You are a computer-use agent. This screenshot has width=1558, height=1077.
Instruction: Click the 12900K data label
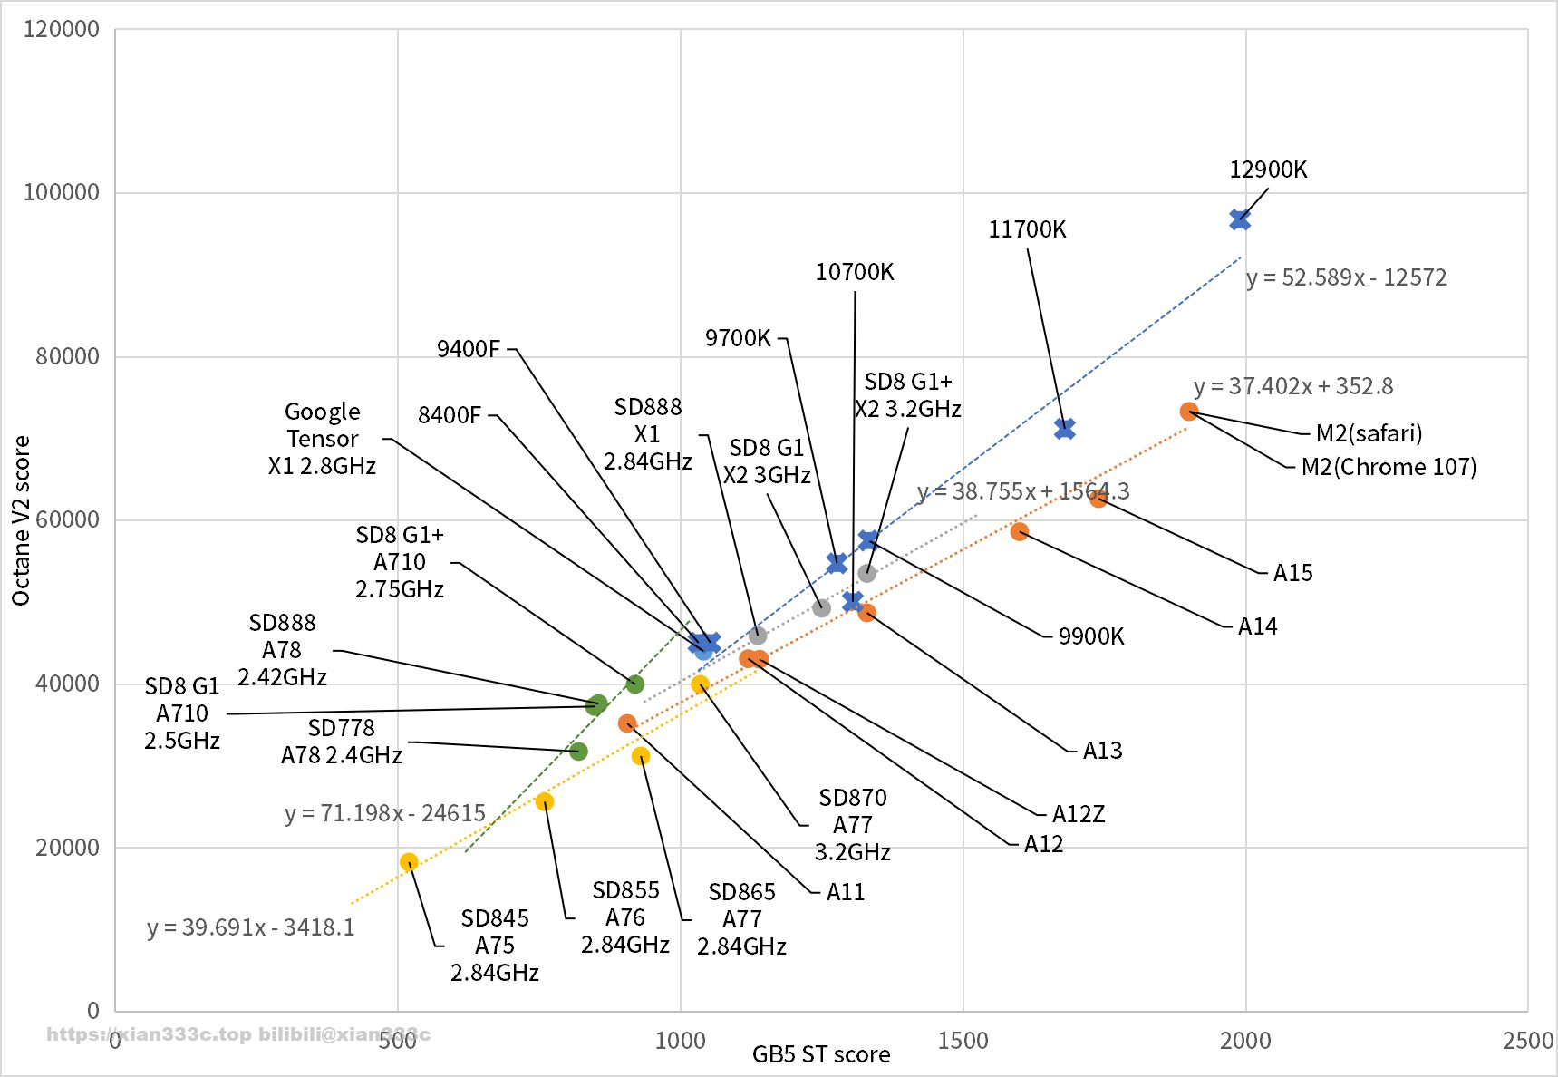pos(1267,170)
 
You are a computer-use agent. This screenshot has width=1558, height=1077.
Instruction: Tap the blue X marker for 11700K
pos(1065,429)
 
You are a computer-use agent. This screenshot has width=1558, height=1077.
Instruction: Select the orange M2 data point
pos(1189,412)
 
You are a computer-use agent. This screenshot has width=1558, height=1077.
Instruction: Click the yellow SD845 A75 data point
pos(409,862)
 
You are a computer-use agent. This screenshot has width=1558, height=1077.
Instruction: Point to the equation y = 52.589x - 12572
pos(1346,277)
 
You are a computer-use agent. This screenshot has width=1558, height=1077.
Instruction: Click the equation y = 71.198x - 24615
pos(385,813)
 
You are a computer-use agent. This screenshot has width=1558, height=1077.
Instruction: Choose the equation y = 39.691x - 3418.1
pos(251,927)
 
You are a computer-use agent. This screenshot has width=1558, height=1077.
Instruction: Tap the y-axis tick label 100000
pos(61,192)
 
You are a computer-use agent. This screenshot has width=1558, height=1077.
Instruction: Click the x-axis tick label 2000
pos(1245,1040)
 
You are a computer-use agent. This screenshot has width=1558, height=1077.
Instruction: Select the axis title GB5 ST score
pos(820,1054)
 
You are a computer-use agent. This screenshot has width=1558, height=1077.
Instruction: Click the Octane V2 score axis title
pos(21,520)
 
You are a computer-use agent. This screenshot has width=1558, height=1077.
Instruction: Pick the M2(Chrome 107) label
pos(1389,467)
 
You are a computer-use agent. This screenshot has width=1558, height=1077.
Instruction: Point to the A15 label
pos(1292,573)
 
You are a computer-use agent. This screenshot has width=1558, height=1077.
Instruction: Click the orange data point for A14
pos(1020,532)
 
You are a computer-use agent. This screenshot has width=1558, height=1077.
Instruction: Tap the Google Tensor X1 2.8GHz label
pos(322,439)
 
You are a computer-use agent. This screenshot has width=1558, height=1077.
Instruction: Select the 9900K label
pos(1090,636)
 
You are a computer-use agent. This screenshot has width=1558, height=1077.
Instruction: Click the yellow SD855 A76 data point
pos(545,801)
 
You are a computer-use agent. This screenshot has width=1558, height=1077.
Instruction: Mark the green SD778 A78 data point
pos(578,752)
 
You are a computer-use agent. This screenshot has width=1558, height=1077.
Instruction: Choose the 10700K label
pos(854,272)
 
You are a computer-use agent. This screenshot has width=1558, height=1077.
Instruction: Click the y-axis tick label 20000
pos(66,848)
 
